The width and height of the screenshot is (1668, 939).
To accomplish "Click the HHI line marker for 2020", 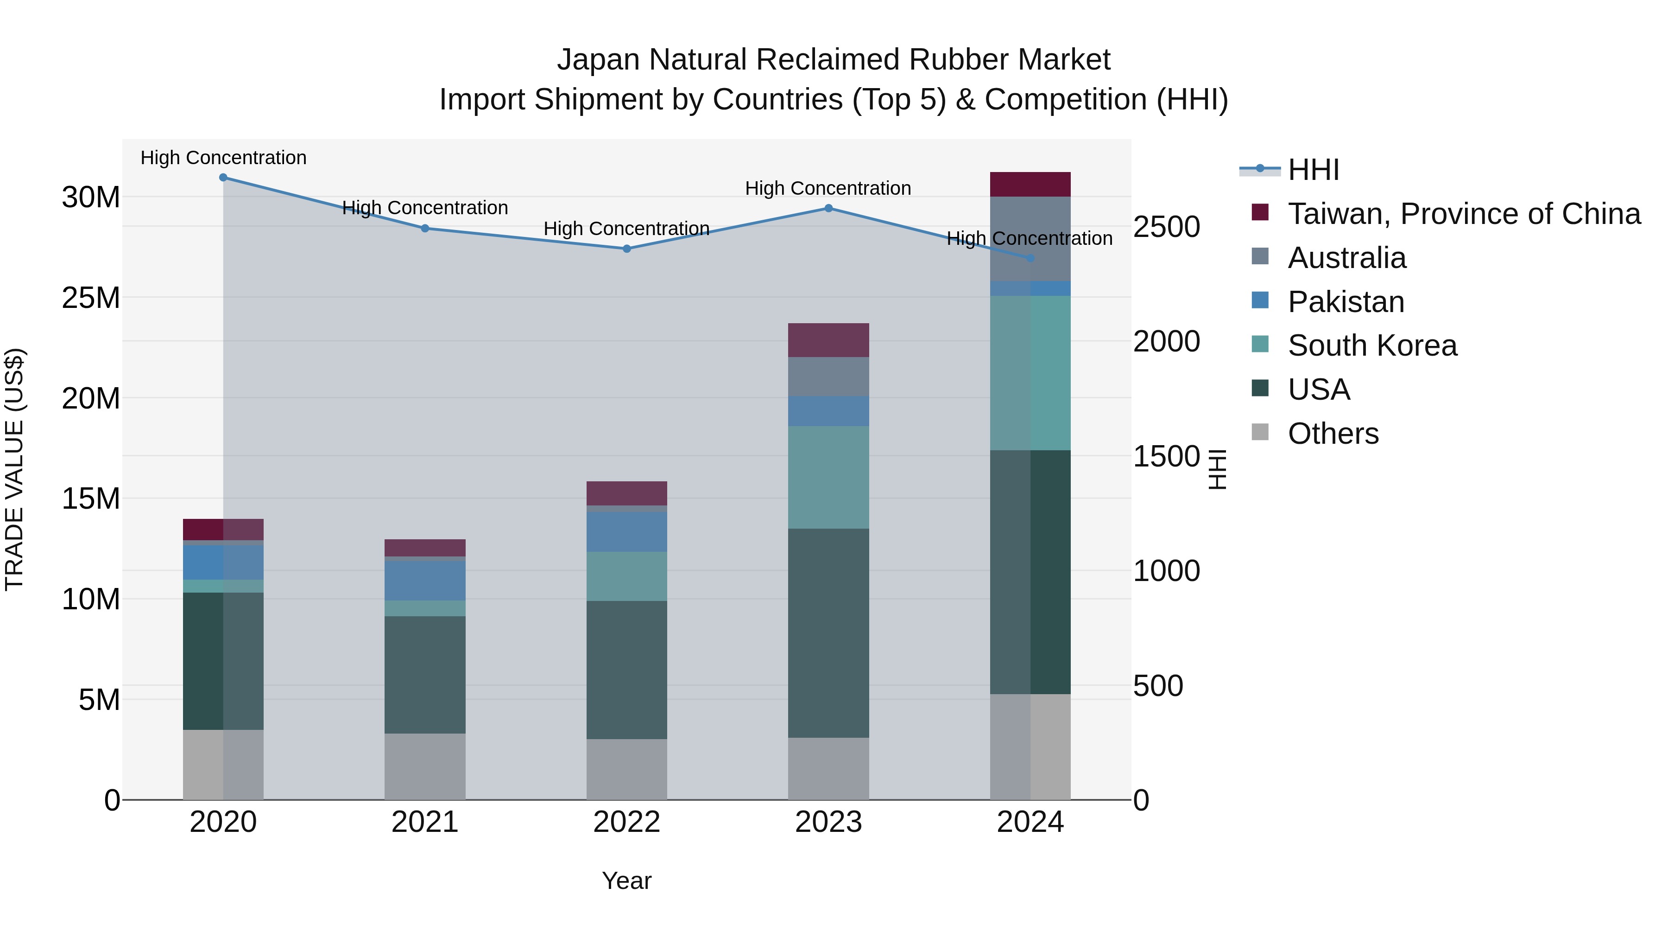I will pyautogui.click(x=223, y=177).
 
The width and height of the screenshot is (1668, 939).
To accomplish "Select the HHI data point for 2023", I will pyautogui.click(x=828, y=208).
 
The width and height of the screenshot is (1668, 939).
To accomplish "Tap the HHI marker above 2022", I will pyautogui.click(x=627, y=248).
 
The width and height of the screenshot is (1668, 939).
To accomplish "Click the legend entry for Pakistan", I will pyautogui.click(x=1346, y=302).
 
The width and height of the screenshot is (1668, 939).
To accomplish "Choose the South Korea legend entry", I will pyautogui.click(x=1372, y=345).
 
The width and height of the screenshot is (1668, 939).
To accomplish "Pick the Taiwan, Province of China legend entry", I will pyautogui.click(x=1463, y=214).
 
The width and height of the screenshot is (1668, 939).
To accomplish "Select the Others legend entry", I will pyautogui.click(x=1333, y=434).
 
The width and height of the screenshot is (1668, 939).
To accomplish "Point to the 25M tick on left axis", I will pyautogui.click(x=91, y=297).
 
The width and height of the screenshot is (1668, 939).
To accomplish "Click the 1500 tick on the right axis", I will pyautogui.click(x=1166, y=456).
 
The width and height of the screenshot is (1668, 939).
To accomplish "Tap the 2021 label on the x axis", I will pyautogui.click(x=425, y=822).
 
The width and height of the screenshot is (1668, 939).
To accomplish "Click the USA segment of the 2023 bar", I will pyautogui.click(x=828, y=632).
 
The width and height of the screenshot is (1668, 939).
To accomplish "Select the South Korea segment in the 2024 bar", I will pyautogui.click(x=1030, y=373).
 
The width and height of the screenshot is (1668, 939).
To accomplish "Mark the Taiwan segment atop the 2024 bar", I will pyautogui.click(x=1030, y=184).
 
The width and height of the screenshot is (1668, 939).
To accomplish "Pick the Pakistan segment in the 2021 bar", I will pyautogui.click(x=425, y=580).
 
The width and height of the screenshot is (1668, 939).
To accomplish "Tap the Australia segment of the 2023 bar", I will pyautogui.click(x=828, y=377).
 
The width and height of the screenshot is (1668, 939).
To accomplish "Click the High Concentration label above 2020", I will pyautogui.click(x=223, y=158).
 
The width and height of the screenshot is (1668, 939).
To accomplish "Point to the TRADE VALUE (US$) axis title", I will pyautogui.click(x=14, y=469).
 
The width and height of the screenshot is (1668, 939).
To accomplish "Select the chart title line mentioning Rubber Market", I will pyautogui.click(x=834, y=60).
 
